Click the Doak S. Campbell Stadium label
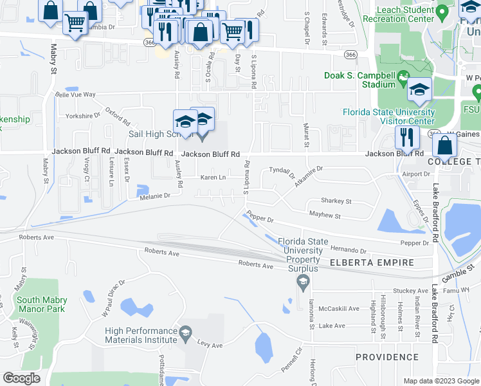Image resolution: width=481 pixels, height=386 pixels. pos(360,80)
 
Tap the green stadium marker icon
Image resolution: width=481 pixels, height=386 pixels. pos(403,79)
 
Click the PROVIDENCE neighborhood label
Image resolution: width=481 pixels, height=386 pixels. pos(388,357)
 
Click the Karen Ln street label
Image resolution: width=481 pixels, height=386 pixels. pos(213,178)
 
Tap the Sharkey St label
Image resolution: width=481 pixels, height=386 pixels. pos(336,201)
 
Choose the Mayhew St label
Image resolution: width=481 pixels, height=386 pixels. pos(324,215)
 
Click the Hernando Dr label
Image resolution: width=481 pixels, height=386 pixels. pos(348,249)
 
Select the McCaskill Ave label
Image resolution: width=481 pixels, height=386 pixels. pos(339,309)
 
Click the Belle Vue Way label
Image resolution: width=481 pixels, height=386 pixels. pos(75,95)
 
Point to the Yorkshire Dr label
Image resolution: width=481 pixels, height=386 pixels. pos(83,116)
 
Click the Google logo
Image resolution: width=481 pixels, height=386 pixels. pos(22,378)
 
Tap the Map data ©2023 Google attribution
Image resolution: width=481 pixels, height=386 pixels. pos(441,381)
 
